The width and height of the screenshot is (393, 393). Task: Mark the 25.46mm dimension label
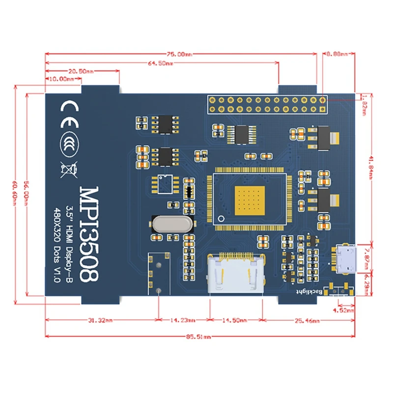pyautogui.click(x=308, y=321)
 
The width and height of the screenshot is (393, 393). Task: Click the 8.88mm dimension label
pyautogui.click(x=337, y=54)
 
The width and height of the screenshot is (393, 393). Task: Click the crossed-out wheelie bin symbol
pyautogui.click(x=68, y=168)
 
